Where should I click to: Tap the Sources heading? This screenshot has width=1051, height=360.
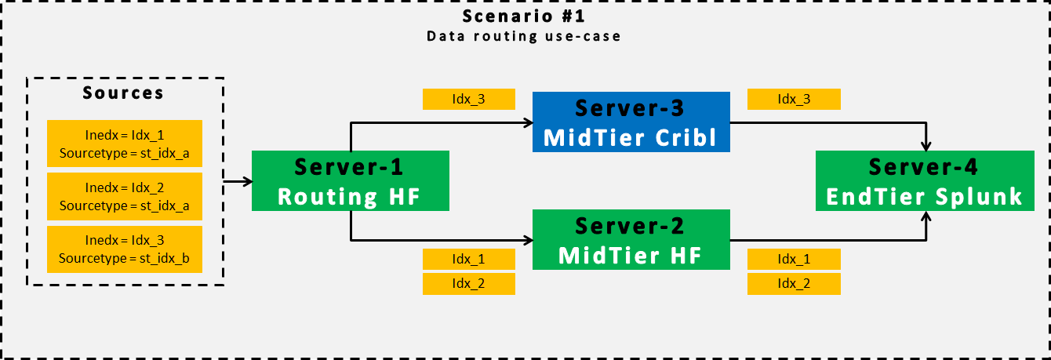[125, 93]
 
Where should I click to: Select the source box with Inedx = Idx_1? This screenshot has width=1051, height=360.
[125, 144]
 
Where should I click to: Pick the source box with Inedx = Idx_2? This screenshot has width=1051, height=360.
[125, 196]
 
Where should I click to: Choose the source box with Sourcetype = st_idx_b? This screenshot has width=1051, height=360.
[125, 249]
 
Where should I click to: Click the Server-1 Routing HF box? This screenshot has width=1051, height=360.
[350, 181]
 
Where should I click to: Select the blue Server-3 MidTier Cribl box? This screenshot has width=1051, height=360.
[631, 122]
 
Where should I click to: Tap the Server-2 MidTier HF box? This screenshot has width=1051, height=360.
[631, 239]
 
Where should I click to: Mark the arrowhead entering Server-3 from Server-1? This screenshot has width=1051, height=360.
[528, 122]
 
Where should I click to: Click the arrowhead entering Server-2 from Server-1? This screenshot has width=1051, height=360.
[528, 239]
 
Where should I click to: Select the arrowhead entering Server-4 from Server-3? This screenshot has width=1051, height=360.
[929, 147]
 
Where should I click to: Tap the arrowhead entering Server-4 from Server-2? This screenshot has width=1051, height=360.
[929, 216]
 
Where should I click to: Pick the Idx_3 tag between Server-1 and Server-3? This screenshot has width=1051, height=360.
[468, 99]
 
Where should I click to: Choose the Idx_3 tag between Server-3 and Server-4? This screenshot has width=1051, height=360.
[794, 99]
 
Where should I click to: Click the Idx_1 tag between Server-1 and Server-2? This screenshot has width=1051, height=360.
[468, 259]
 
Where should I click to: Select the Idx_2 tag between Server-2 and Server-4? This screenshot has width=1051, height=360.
[794, 284]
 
